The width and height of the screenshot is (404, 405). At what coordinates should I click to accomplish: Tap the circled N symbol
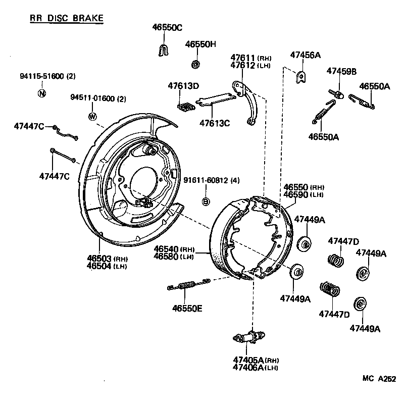(x=42, y=93)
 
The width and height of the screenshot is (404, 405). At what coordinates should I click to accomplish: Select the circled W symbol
(x=92, y=116)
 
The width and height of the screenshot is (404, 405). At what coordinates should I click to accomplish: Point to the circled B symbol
(x=206, y=202)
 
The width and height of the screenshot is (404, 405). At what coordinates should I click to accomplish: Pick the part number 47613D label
(x=183, y=86)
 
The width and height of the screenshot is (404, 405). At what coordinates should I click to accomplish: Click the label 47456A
(x=305, y=55)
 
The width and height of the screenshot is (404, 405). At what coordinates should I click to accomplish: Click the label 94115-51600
(x=41, y=76)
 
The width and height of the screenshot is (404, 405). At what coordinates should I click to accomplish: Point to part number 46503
(x=99, y=259)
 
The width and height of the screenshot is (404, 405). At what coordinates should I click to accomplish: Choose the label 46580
(x=167, y=257)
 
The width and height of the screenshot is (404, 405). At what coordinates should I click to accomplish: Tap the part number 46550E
(x=187, y=308)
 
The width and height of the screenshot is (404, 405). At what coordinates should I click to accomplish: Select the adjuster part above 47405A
(x=249, y=337)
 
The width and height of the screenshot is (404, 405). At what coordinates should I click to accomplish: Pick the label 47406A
(x=248, y=367)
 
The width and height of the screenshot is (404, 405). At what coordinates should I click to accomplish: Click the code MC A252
(x=379, y=379)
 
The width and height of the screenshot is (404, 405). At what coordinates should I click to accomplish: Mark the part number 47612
(x=243, y=66)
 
